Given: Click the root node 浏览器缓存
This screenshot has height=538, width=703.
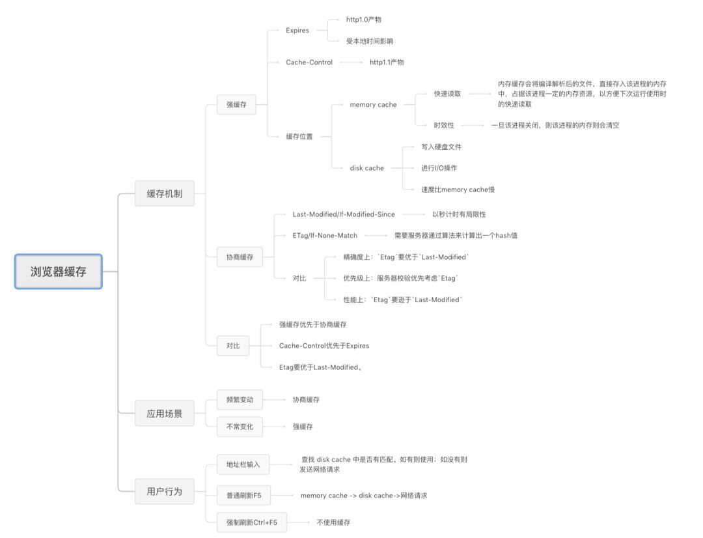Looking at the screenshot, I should click(59, 272).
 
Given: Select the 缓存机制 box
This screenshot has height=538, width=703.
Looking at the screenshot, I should click(164, 193).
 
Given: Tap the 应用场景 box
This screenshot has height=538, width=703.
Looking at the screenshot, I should click(164, 414).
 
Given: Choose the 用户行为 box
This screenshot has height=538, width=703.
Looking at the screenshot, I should click(164, 492).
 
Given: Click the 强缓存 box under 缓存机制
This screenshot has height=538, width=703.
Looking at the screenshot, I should click(236, 104).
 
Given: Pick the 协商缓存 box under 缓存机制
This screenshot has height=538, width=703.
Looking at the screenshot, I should click(240, 257).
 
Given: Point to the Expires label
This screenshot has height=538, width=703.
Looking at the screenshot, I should click(297, 31).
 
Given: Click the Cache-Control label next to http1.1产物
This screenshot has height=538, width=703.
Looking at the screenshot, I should click(309, 63).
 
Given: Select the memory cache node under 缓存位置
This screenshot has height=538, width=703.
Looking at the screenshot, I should click(373, 105).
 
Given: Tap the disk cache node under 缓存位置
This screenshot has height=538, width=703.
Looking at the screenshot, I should click(367, 168).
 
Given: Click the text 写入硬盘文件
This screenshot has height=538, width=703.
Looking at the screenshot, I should click(441, 147).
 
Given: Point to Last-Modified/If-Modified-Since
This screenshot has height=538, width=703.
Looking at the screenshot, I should click(344, 214).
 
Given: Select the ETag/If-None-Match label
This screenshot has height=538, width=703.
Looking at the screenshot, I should click(325, 235).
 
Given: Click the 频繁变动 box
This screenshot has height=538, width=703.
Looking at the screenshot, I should click(240, 399).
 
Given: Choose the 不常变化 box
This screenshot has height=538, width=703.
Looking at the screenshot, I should click(240, 427).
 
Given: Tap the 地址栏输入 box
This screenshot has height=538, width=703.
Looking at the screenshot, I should click(243, 464).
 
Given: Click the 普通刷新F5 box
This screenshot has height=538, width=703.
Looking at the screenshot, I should click(243, 496).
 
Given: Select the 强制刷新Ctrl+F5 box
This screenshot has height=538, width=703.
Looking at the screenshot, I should click(251, 522).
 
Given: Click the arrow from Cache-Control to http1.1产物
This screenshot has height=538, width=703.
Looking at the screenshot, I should click(351, 63).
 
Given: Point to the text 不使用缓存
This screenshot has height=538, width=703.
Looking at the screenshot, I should click(333, 522).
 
